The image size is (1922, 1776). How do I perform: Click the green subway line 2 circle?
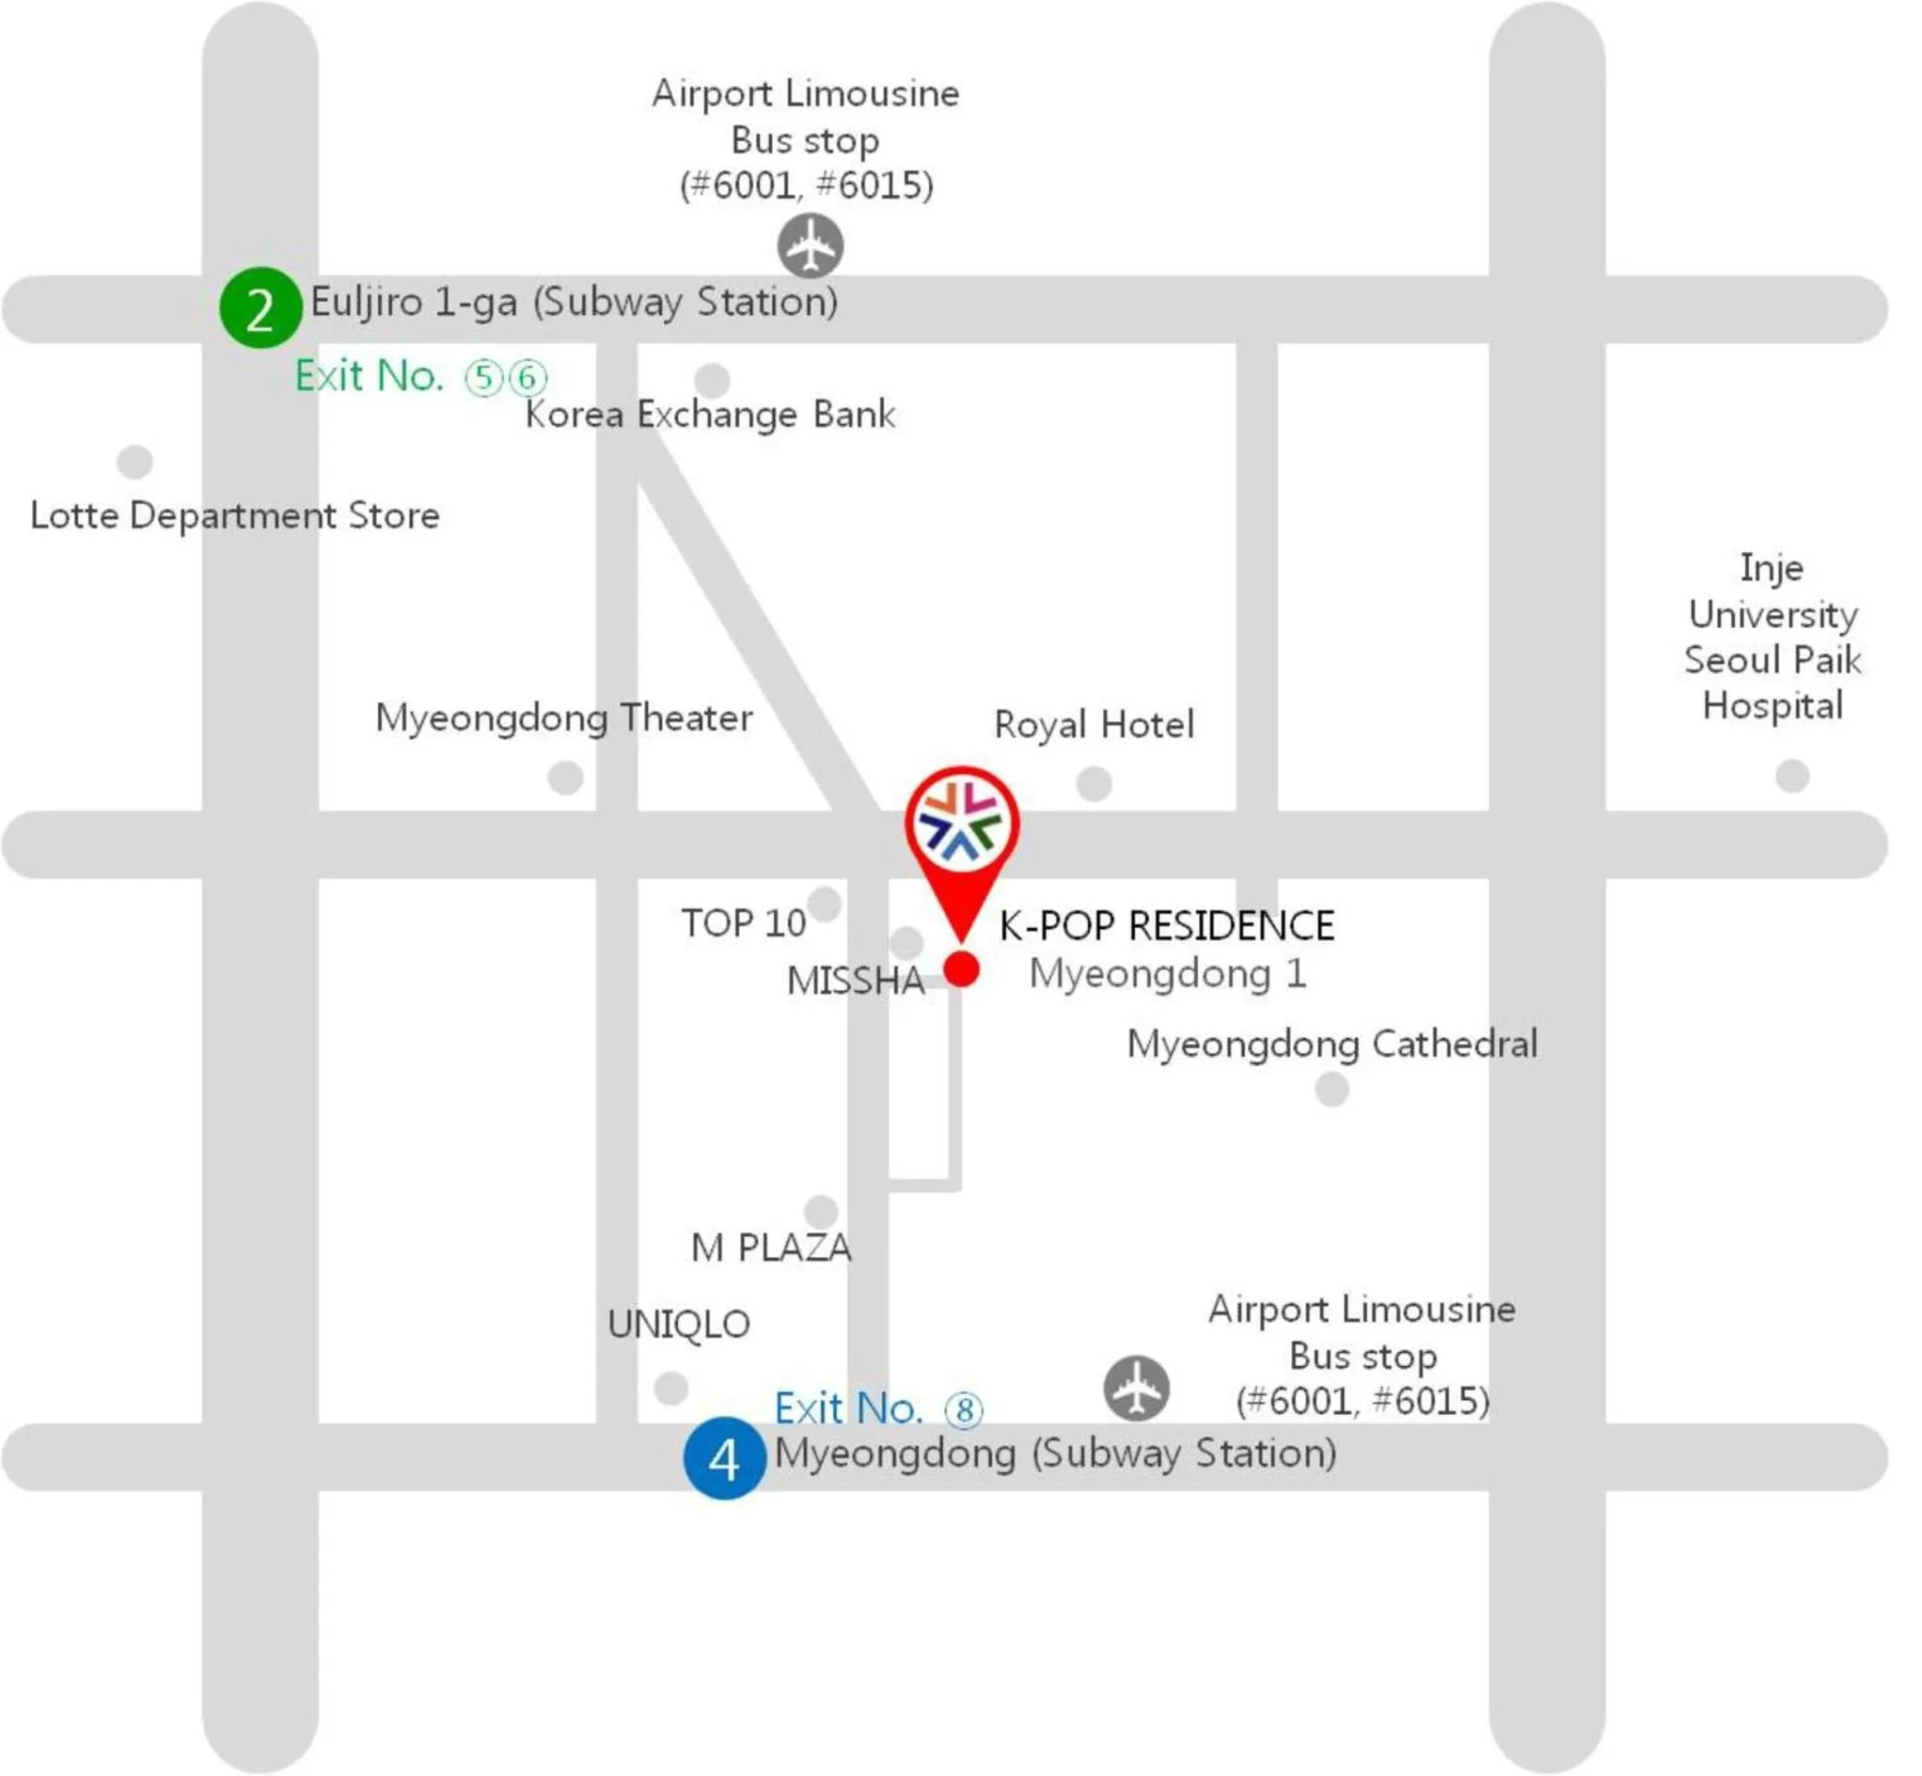pyautogui.click(x=260, y=308)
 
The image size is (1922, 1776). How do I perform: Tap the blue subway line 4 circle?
pyautogui.click(x=724, y=1459)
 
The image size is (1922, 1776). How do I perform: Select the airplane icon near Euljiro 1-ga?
pyautogui.click(x=811, y=246)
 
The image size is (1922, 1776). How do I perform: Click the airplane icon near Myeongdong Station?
pyautogui.click(x=1136, y=1389)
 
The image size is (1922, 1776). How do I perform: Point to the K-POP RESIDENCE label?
pyautogui.click(x=1166, y=926)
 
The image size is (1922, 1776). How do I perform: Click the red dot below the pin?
pyautogui.click(x=961, y=969)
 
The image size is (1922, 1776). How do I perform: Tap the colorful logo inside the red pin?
pyautogui.click(x=961, y=823)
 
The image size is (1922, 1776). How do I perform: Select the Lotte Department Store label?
pyautogui.click(x=234, y=516)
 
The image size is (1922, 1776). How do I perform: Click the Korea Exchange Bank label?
pyautogui.click(x=709, y=416)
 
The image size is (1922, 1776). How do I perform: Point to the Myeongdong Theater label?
pyautogui.click(x=563, y=718)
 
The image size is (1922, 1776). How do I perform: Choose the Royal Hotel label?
pyautogui.click(x=1094, y=725)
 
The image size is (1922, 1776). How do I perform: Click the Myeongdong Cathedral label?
pyautogui.click(x=1331, y=1045)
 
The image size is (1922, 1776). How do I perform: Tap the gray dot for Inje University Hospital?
pyautogui.click(x=1791, y=776)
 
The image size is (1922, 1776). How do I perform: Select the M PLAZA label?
pyautogui.click(x=771, y=1249)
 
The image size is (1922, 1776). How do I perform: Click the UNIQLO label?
pyautogui.click(x=679, y=1326)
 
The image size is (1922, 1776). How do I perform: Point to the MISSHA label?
pyautogui.click(x=856, y=982)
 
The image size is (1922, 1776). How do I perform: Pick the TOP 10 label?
pyautogui.click(x=743, y=923)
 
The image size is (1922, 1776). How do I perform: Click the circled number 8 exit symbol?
pyautogui.click(x=964, y=1411)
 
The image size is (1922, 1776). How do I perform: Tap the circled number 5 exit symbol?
pyautogui.click(x=484, y=378)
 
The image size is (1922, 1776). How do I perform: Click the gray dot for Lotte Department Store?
pyautogui.click(x=134, y=462)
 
